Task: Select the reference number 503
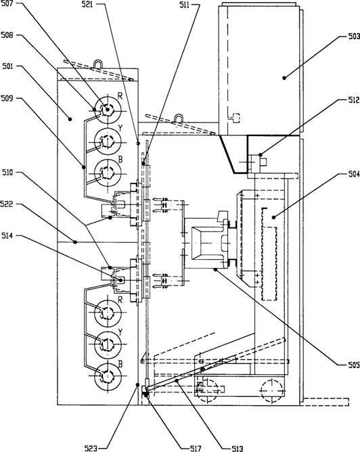click(354, 37)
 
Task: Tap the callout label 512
click(354, 100)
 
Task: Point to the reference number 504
click(354, 174)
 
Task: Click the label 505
click(354, 365)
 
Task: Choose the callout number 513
click(238, 448)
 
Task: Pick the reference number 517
click(196, 448)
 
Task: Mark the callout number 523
click(91, 448)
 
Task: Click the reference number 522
click(7, 204)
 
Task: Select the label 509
click(7, 99)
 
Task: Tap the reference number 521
click(87, 4)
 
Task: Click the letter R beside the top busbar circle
click(120, 96)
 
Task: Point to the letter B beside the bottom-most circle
click(120, 364)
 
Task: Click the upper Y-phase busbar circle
click(108, 141)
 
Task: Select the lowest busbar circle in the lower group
click(108, 376)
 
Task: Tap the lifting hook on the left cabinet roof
click(97, 64)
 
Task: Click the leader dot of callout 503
click(284, 78)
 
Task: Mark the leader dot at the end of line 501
click(69, 118)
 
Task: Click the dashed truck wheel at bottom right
click(273, 390)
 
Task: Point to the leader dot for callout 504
click(273, 217)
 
